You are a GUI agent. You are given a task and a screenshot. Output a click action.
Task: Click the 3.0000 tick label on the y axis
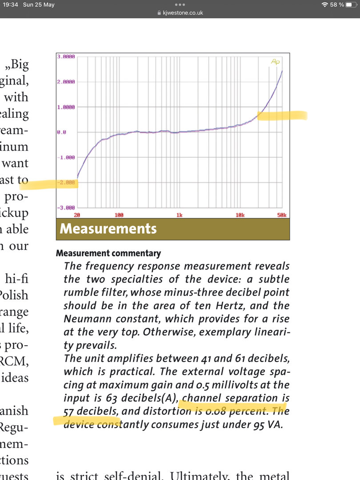tap(66, 57)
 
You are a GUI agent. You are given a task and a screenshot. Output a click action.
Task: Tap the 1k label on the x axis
tap(179, 215)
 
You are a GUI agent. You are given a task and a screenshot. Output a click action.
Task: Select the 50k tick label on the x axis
tap(281, 215)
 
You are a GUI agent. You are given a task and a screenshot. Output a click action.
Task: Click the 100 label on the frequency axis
tap(119, 215)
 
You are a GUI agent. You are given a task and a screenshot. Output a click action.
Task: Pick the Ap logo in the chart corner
tap(276, 62)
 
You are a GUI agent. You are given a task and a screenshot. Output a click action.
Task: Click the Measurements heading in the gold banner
tap(108, 229)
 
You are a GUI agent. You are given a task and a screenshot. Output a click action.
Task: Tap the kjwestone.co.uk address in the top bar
tap(183, 13)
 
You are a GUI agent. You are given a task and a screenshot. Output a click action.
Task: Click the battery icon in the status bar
tap(351, 4)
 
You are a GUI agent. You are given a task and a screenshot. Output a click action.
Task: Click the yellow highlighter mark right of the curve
tap(282, 116)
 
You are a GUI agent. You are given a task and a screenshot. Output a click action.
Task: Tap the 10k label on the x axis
tap(240, 215)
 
